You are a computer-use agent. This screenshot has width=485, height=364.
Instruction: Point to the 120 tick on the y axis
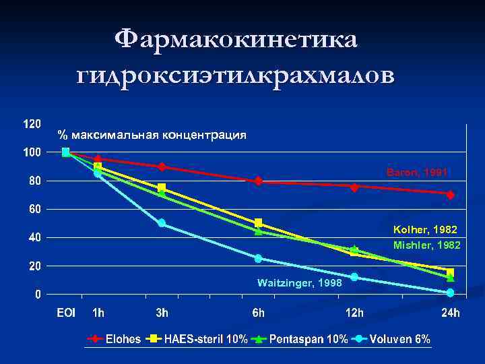point(32,125)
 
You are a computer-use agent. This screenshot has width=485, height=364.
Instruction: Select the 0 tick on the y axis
point(38,295)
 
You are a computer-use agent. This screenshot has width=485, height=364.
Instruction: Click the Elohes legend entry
point(123,339)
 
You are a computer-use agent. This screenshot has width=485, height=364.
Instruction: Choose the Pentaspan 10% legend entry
point(309,339)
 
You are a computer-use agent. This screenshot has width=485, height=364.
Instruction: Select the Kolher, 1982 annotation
point(427,230)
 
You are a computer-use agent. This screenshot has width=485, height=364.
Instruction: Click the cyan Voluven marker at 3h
point(162,223)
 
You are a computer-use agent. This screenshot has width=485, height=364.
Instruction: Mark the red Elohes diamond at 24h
point(450,194)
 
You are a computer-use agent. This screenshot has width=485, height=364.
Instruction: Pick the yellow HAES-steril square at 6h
point(258,222)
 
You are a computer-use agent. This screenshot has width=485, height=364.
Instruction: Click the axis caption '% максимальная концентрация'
point(152,135)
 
